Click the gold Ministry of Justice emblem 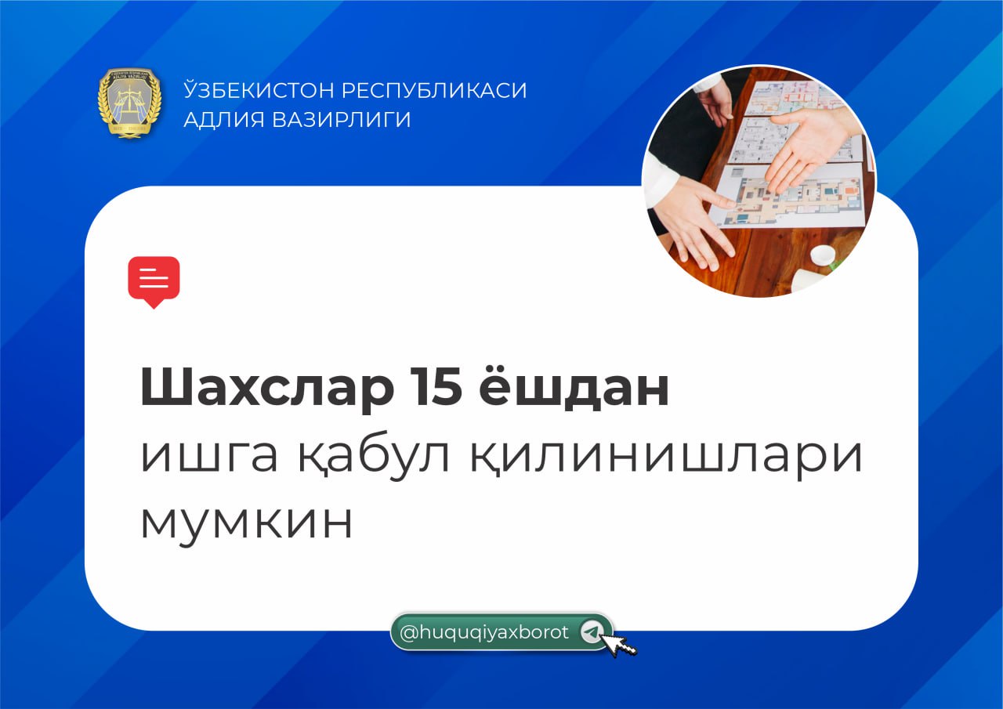point(129,103)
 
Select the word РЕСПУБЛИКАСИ point(434,90)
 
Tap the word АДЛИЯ point(224,120)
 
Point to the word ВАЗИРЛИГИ point(342,120)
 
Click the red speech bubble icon point(154,281)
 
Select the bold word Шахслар point(267,387)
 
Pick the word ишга point(208,456)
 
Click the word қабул point(375,458)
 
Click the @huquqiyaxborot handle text point(484,633)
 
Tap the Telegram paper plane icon point(591,633)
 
